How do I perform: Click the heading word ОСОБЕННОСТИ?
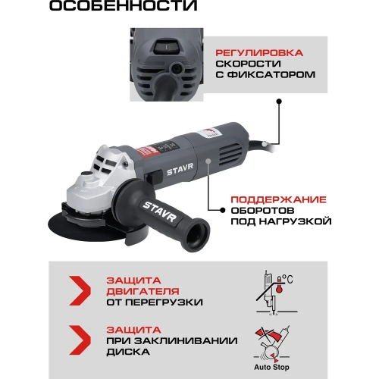(x=123, y=5)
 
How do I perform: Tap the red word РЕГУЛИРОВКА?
(x=259, y=53)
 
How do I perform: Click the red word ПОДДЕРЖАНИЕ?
(x=278, y=199)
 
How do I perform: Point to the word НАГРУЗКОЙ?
(x=296, y=221)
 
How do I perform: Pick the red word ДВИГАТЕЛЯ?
(x=143, y=291)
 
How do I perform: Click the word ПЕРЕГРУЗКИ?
(x=164, y=302)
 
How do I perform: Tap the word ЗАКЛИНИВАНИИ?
(x=186, y=341)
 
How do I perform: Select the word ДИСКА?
(x=128, y=352)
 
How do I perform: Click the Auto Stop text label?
(x=271, y=367)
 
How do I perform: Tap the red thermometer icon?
(x=279, y=285)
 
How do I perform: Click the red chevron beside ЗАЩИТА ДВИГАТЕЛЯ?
(x=80, y=290)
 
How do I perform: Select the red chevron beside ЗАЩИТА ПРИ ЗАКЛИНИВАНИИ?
(x=80, y=340)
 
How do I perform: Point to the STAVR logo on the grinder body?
(x=180, y=169)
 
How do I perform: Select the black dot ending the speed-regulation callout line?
(x=279, y=102)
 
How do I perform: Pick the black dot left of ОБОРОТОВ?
(x=223, y=210)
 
